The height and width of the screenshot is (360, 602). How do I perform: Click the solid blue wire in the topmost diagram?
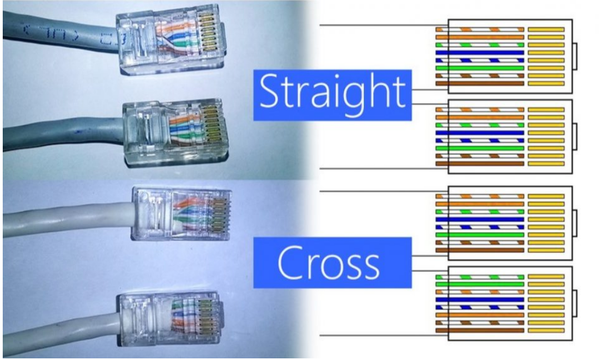point(479,53)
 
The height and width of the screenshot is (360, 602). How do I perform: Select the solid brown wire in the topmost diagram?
point(479,84)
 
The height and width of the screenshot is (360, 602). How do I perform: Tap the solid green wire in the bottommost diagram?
point(479,284)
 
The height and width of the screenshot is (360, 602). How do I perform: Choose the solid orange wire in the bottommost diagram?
point(479,315)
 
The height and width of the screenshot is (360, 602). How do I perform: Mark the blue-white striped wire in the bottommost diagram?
point(479,307)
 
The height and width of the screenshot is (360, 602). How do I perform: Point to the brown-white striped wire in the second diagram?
point(479,156)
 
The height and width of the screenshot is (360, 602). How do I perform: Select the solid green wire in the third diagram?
point(479,235)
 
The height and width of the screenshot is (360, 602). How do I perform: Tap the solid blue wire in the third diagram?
point(479,219)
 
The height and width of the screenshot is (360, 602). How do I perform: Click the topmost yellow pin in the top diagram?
point(546,29)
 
